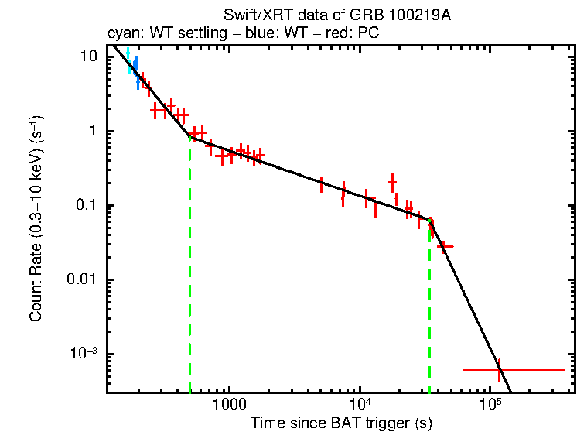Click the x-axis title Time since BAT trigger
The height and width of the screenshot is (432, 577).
click(x=340, y=423)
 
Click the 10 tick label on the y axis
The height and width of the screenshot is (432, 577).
click(x=88, y=57)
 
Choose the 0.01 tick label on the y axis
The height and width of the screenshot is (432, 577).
click(x=83, y=279)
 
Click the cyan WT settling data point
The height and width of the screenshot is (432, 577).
click(x=130, y=65)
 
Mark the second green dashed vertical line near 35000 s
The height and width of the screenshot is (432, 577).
click(x=430, y=310)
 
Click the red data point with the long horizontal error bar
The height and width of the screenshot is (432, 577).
click(x=499, y=370)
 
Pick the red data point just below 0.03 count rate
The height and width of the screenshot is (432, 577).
click(x=444, y=246)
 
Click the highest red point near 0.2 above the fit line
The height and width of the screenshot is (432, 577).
click(x=392, y=183)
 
